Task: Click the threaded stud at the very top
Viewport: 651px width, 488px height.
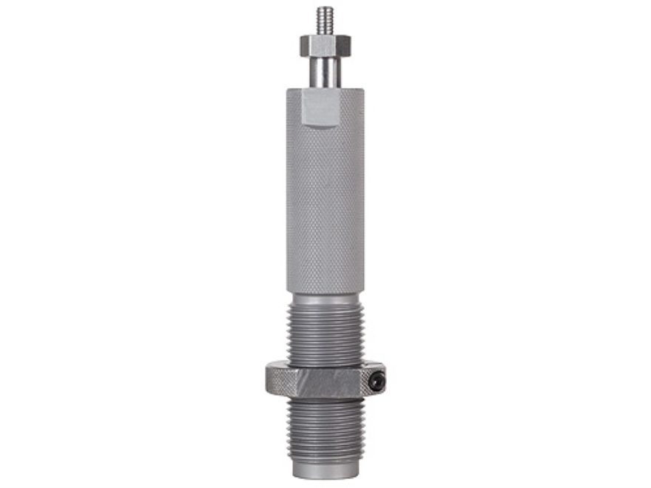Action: coord(325,21)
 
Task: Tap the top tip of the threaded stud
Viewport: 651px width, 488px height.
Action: coord(325,9)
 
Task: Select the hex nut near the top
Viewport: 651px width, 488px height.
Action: coord(325,45)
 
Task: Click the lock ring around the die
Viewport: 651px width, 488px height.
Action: coord(325,381)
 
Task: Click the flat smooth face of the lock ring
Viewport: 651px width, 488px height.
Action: coord(325,383)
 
